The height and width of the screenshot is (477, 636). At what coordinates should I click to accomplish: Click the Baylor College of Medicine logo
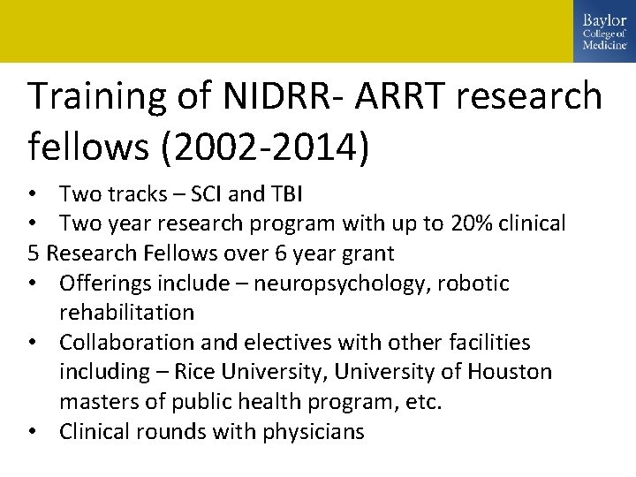604,31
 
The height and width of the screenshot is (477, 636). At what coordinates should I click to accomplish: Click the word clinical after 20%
531,223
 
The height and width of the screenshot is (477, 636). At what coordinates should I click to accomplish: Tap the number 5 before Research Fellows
34,254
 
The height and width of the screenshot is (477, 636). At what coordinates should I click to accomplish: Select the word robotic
472,284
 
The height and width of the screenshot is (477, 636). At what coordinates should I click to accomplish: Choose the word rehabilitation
126,313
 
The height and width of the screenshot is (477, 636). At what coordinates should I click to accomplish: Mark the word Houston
511,373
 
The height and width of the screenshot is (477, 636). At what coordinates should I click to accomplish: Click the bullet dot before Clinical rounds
34,432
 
